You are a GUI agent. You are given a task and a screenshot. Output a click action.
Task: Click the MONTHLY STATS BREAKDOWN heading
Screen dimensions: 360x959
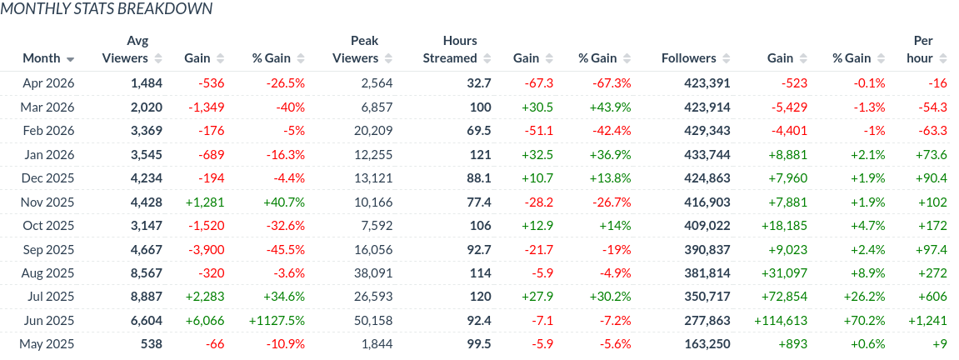pos(106,9)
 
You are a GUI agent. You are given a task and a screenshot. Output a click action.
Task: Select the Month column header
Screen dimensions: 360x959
pos(42,58)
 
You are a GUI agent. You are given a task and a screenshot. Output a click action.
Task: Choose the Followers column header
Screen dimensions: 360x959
pos(688,58)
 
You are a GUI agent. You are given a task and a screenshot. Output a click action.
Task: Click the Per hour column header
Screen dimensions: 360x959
pos(922,49)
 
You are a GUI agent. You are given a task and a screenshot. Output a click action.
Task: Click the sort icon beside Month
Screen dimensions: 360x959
pos(71,59)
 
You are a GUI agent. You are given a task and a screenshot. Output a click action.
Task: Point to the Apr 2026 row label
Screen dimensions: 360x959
pos(48,82)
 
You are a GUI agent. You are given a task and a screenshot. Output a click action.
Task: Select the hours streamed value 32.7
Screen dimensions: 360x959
pos(479,82)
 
